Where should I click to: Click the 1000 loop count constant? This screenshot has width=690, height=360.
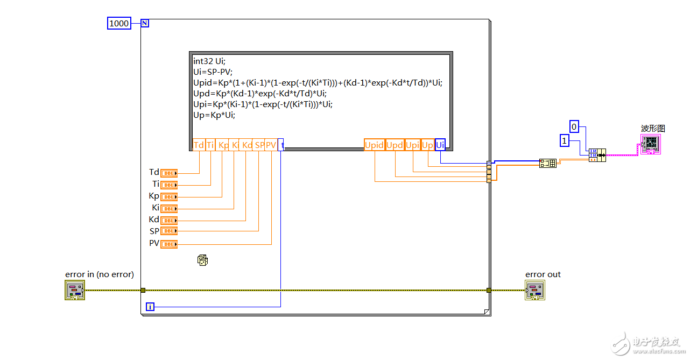click(x=119, y=23)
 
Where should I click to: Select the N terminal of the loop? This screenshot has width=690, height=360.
click(x=145, y=23)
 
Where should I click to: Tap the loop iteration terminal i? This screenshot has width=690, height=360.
click(x=150, y=307)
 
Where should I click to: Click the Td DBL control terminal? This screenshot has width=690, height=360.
click(x=169, y=173)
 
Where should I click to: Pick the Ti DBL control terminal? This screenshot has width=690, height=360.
click(x=169, y=185)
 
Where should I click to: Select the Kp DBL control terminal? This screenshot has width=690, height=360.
click(x=169, y=197)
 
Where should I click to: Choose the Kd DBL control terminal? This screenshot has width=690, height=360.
click(x=169, y=221)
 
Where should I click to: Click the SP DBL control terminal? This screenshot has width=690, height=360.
click(x=169, y=231)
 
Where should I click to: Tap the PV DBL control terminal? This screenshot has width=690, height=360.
click(x=169, y=244)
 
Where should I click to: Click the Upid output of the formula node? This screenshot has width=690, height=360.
click(x=375, y=145)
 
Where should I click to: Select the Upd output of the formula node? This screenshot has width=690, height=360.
click(x=395, y=145)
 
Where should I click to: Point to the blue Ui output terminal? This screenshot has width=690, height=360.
click(x=440, y=145)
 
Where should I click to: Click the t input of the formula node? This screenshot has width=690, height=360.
click(x=281, y=145)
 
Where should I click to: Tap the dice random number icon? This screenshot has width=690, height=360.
click(x=202, y=260)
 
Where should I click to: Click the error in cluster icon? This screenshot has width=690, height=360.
click(x=75, y=291)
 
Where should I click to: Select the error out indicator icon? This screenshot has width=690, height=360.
click(x=535, y=291)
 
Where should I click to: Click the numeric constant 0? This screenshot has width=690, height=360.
click(x=574, y=127)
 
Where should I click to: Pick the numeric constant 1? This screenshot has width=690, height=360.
click(x=564, y=140)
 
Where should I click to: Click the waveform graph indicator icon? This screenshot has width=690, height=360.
click(x=650, y=144)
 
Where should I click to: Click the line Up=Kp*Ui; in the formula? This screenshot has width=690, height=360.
click(x=214, y=115)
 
